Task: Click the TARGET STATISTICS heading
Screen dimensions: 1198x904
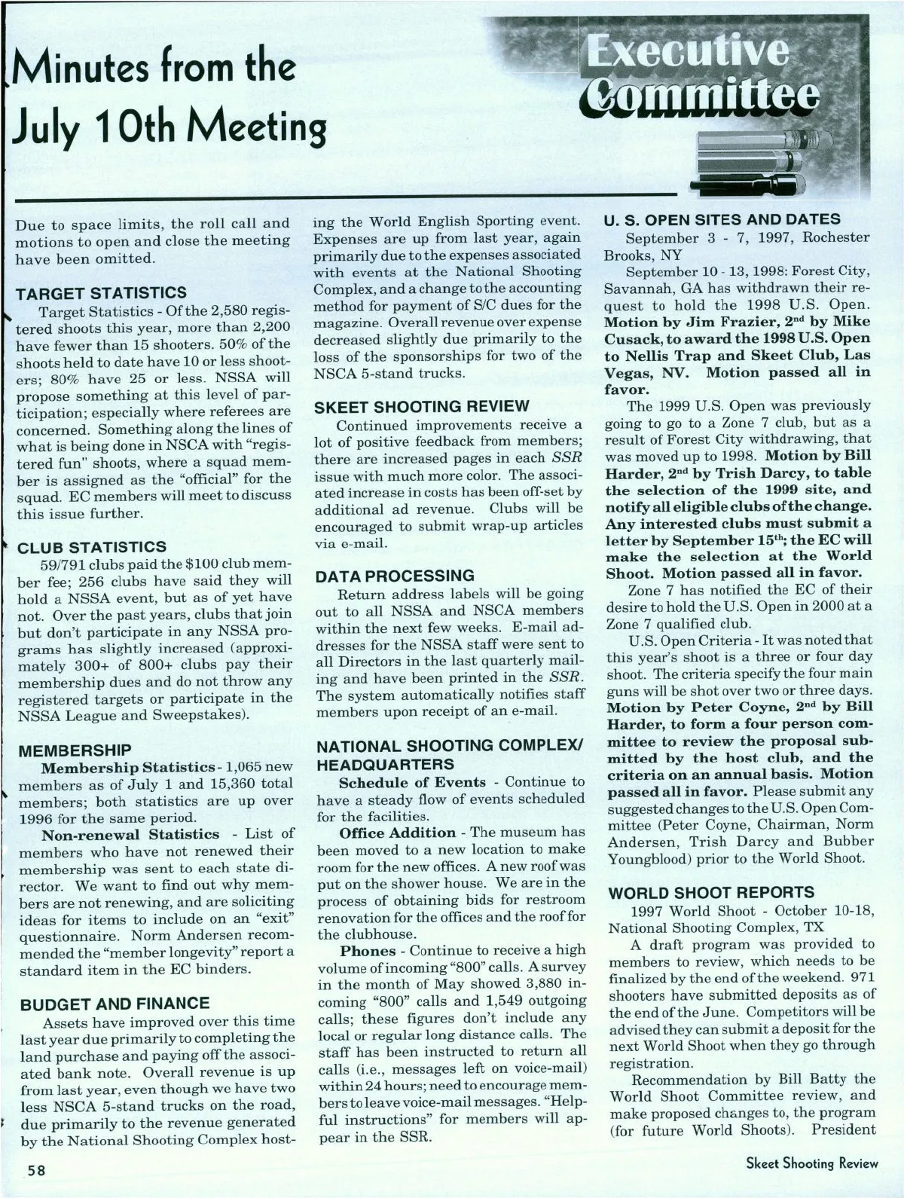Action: pos(102,292)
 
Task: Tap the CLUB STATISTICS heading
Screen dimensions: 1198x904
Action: pos(92,546)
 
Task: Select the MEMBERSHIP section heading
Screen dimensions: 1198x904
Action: pos(75,750)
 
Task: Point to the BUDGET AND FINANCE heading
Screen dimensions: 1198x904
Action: pos(115,1004)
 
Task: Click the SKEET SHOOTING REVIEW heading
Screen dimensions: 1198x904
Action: pos(422,407)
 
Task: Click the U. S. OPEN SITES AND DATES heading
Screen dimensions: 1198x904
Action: pos(722,219)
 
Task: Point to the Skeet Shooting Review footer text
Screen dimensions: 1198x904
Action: pos(811,1163)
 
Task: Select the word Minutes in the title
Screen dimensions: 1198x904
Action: pos(87,69)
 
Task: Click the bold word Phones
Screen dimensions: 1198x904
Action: pos(368,951)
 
